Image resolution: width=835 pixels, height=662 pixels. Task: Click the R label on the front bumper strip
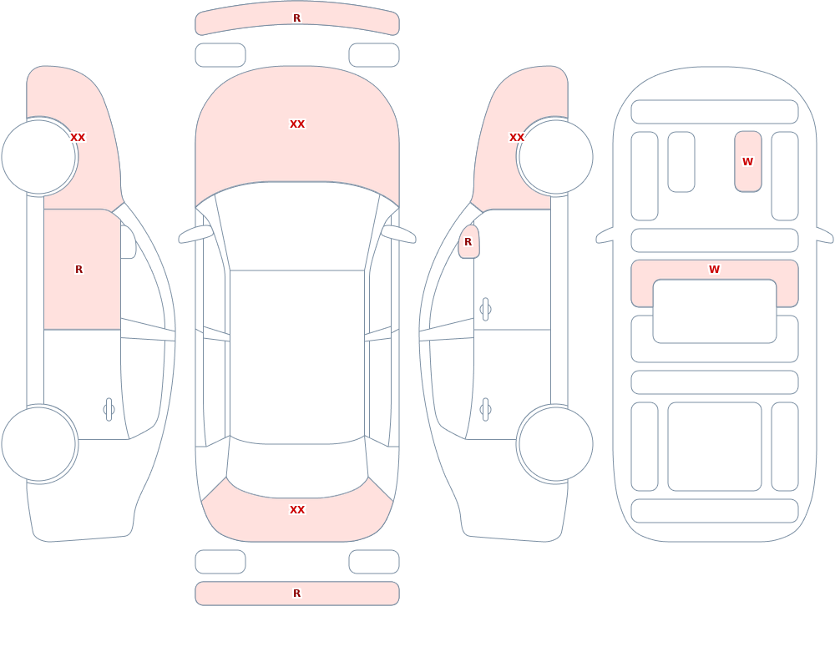(x=297, y=18)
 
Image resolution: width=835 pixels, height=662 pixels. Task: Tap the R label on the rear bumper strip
(x=297, y=594)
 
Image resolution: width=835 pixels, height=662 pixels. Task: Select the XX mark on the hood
(x=297, y=124)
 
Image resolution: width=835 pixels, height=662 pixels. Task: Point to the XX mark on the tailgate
(x=297, y=510)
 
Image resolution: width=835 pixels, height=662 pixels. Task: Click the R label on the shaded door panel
(x=78, y=270)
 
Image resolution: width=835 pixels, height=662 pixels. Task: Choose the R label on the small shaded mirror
(x=468, y=242)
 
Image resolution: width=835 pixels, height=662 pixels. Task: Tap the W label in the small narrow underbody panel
(x=747, y=161)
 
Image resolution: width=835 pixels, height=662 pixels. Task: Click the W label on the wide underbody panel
(x=715, y=270)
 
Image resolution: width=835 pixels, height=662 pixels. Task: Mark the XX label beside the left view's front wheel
(x=78, y=138)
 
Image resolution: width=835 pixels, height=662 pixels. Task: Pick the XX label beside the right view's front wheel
(x=517, y=138)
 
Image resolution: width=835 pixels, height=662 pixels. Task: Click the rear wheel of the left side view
(x=39, y=443)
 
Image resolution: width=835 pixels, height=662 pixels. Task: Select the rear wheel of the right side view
(x=555, y=443)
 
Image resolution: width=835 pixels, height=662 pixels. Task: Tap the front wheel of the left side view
(x=39, y=157)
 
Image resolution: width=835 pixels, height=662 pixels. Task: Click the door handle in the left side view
(x=109, y=410)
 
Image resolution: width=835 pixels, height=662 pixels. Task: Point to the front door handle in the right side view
(x=485, y=310)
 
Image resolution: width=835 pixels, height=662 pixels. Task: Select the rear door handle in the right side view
(x=485, y=410)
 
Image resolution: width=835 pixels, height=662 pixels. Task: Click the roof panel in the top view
(x=297, y=356)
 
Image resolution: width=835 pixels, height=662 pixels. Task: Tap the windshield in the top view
(x=297, y=224)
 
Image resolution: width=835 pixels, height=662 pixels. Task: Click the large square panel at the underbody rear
(x=715, y=447)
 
